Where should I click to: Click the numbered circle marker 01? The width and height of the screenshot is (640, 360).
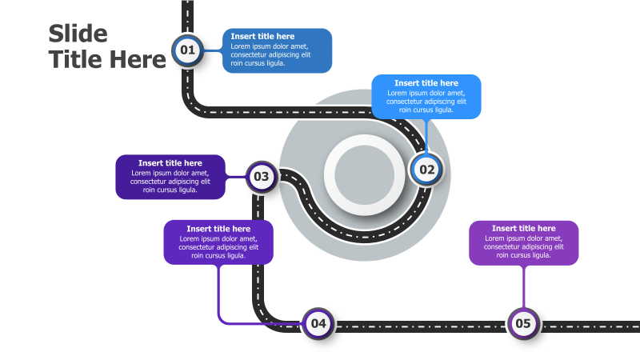pos(187,50)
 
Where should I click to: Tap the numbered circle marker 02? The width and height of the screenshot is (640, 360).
pos(426,169)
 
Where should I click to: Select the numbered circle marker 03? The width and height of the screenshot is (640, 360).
pos(261,177)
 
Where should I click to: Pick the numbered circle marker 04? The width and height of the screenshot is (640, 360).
pos(318,323)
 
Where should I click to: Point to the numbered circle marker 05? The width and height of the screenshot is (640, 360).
pos(522,323)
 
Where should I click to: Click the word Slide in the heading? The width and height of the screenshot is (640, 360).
pos(78,34)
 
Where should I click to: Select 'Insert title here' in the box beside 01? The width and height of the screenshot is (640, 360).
pos(262,36)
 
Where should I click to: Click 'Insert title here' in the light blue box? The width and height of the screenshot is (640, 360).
pos(426,83)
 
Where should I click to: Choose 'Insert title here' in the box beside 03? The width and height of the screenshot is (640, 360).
pos(170,163)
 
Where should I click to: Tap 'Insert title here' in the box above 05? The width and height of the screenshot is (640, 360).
pos(523,229)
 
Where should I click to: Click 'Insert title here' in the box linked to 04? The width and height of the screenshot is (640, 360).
pos(218,229)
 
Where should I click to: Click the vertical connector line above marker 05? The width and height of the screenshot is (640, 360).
pos(523,286)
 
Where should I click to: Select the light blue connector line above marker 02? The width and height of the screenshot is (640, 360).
pos(426,136)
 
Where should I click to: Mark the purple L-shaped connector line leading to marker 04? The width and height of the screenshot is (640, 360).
pos(218,296)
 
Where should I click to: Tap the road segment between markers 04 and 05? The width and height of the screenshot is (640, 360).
pos(420,326)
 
